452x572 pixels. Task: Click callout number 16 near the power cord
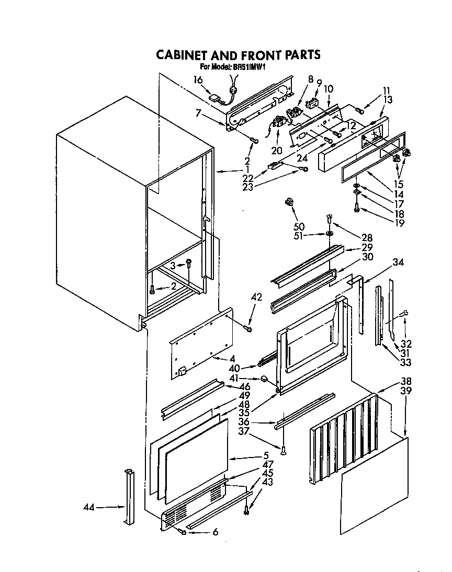coord(198,79)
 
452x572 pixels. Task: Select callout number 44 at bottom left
coord(90,507)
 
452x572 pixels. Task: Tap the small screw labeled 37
coord(284,449)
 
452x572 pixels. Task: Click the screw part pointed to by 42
coord(247,328)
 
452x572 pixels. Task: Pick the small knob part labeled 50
coord(288,202)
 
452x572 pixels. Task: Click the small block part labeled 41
coord(264,378)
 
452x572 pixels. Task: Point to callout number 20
coord(276,151)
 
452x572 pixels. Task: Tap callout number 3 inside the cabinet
coord(173,266)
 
